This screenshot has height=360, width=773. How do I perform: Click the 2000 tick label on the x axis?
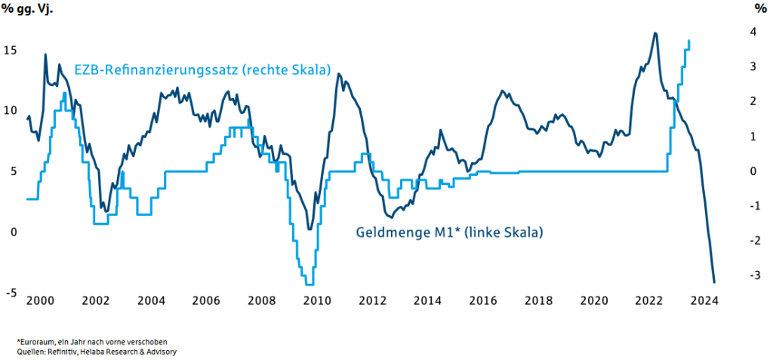click(x=40, y=300)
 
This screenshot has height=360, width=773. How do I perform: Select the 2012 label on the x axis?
click(x=373, y=300)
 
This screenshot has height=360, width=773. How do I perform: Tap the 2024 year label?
click(x=705, y=300)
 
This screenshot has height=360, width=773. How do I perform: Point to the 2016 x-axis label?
click(x=484, y=300)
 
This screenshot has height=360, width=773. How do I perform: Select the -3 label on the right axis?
click(x=750, y=275)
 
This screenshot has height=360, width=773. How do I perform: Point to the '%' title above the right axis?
click(x=759, y=8)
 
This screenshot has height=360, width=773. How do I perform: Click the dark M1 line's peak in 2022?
click(x=655, y=33)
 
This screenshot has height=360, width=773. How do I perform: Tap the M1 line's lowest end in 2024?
click(x=714, y=282)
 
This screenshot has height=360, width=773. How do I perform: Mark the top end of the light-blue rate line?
click(x=689, y=41)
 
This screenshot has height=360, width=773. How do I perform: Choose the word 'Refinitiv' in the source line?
click(x=62, y=352)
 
